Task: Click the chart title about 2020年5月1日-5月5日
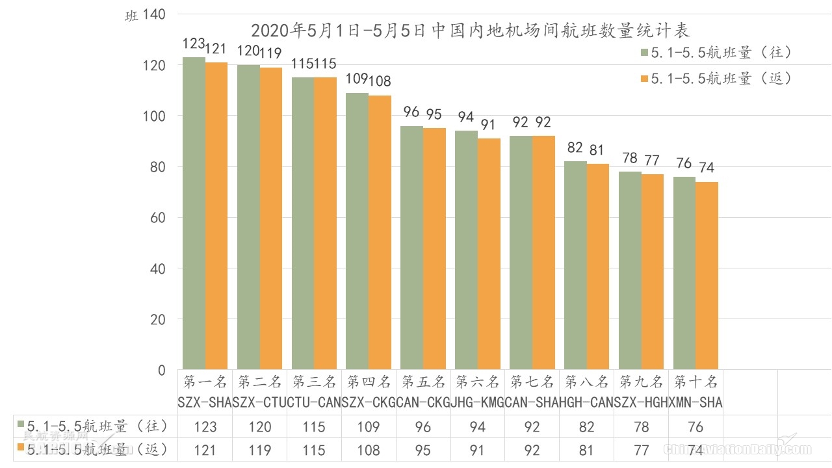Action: pos(470,31)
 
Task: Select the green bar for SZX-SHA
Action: pos(194,214)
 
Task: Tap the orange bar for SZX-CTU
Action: pos(271,218)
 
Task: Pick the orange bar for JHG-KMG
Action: pos(489,253)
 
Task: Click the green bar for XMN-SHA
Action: pos(684,273)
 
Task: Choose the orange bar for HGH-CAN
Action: pos(598,266)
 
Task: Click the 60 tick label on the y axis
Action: pos(158,218)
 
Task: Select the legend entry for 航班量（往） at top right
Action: pos(716,53)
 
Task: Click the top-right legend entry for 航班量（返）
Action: pos(716,79)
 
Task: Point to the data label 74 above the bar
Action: pos(707,168)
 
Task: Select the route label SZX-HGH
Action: pos(642,402)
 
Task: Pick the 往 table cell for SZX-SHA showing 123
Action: pos(205,427)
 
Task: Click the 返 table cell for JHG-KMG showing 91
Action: pos(478,450)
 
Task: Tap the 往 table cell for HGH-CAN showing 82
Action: pos(586,427)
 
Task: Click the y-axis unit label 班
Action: pos(131,17)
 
